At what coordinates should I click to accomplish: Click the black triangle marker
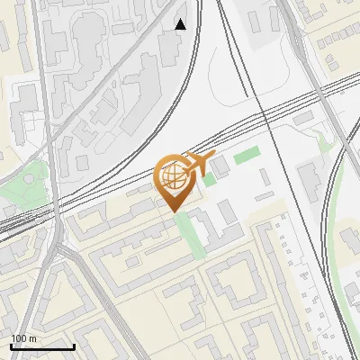[181, 24]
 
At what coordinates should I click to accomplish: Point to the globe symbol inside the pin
[173, 176]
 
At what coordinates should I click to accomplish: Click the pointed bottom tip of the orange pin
[175, 211]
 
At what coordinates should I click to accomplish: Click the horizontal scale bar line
[41, 346]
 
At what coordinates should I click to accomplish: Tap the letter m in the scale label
[32, 338]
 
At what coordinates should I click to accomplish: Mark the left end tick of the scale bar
[10, 345]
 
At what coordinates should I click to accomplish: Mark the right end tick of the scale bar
[74, 345]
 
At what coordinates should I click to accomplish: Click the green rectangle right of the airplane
[247, 155]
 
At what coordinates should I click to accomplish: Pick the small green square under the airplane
[209, 179]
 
